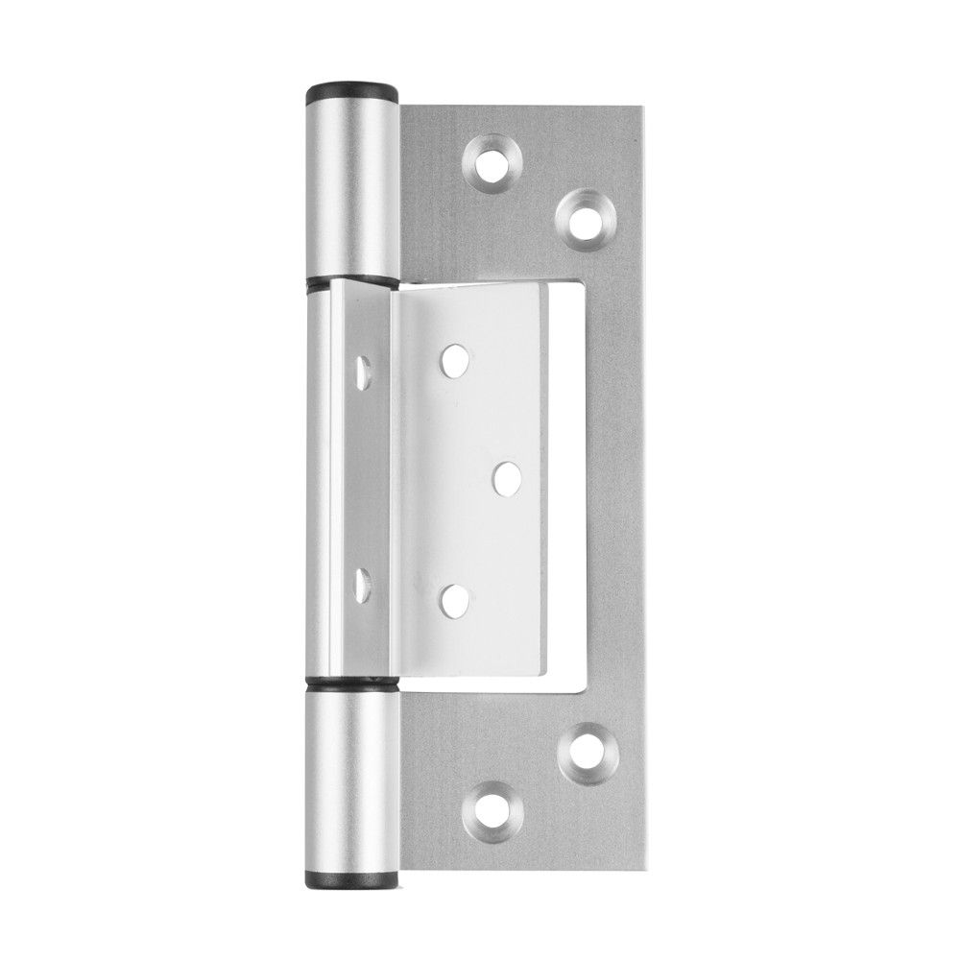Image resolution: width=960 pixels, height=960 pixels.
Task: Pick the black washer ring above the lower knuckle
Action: click(x=352, y=685)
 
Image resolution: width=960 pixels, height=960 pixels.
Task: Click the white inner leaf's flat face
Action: click(x=480, y=538)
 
